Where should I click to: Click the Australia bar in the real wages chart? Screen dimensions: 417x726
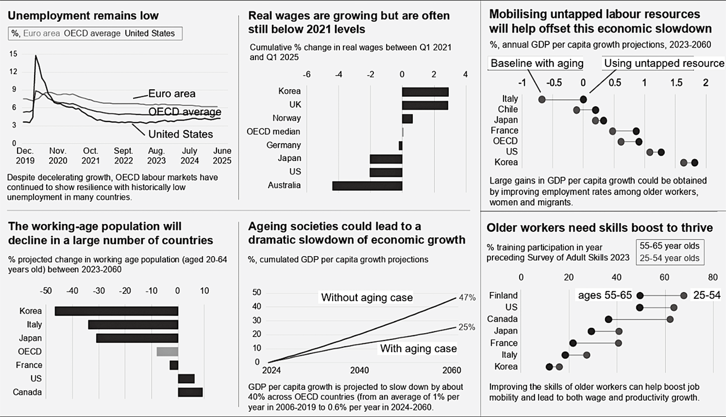pos(367,186)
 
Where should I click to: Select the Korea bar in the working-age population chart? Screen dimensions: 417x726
pos(116,311)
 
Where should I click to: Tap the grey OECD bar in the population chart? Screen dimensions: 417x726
pos(167,351)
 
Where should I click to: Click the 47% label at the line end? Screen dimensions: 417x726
pos(467,298)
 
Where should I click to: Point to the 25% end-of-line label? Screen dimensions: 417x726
pos(467,327)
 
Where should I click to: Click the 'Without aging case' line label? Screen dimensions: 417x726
pos(367,298)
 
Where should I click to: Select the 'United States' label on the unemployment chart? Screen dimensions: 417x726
pos(180,134)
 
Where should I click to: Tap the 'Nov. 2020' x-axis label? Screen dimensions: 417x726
pos(58,156)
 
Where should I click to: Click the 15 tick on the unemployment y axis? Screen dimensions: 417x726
pos(13,54)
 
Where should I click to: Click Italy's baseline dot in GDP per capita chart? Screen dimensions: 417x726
pos(542,100)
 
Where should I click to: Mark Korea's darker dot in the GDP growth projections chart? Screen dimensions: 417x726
pos(695,163)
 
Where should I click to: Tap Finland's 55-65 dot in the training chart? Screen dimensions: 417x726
pos(640,296)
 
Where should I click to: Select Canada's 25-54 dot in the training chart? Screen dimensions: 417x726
pos(670,319)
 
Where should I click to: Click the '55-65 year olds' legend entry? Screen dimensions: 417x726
pos(669,246)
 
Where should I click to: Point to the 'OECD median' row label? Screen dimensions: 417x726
pos(273,132)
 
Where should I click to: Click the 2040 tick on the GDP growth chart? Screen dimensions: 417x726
pos(359,370)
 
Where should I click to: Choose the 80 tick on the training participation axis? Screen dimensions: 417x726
pos(713,277)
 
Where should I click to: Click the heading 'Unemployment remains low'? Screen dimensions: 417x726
pos(83,16)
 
